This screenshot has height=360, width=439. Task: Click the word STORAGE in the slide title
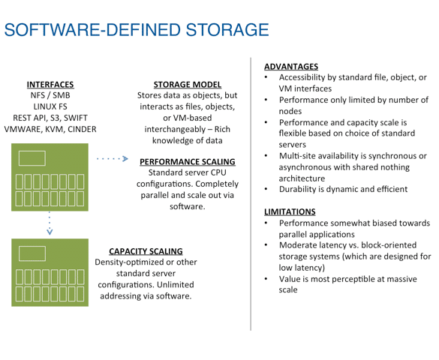(227, 30)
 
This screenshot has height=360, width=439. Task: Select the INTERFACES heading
(50, 85)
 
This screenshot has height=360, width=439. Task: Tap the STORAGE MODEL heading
(188, 85)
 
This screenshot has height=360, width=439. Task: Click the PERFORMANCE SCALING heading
(188, 162)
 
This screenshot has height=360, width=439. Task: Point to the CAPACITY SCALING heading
(146, 251)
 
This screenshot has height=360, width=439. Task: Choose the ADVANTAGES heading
(291, 67)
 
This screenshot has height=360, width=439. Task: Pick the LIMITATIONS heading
(290, 211)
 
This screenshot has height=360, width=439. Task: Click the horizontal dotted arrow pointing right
(113, 158)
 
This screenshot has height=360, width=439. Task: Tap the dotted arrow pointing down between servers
(50, 223)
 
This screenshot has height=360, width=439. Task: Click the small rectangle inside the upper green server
(32, 158)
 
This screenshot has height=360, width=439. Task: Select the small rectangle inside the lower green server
(32, 253)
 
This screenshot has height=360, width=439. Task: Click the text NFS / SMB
(50, 95)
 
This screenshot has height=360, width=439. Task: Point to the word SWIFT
(76, 118)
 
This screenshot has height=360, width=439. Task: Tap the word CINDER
(82, 129)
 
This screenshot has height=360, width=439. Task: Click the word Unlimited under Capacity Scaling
(172, 285)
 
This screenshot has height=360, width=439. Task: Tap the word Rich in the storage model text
(222, 129)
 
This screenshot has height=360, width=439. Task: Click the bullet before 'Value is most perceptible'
(266, 278)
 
